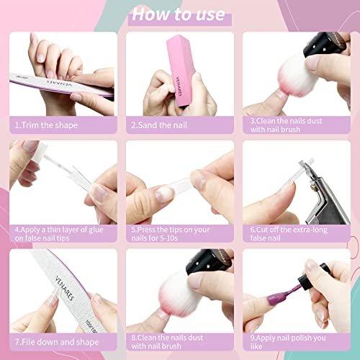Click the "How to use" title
[179, 14]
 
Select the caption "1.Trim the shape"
[46, 125]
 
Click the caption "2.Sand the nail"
[159, 125]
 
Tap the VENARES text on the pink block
[179, 86]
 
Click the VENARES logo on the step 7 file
[64, 288]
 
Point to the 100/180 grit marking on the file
[91, 326]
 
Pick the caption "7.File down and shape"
[57, 342]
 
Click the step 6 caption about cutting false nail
[289, 234]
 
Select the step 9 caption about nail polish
[288, 342]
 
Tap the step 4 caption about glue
[59, 234]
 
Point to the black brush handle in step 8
[208, 261]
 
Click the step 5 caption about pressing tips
[171, 234]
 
